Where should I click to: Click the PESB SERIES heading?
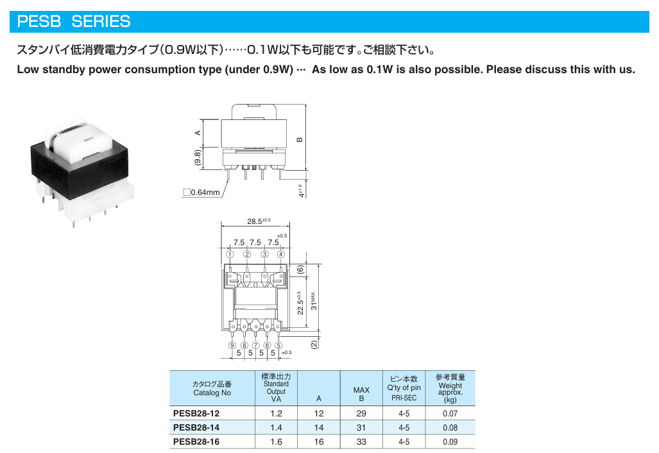click(x=74, y=21)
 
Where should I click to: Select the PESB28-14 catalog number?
click(x=196, y=427)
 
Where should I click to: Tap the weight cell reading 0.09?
click(x=450, y=441)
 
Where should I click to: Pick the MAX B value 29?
click(x=361, y=413)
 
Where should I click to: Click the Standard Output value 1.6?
click(x=276, y=441)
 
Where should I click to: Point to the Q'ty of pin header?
click(x=404, y=388)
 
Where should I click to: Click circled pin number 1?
click(x=230, y=254)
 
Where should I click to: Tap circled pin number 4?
click(x=281, y=254)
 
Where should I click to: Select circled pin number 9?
click(x=232, y=345)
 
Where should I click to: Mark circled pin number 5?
click(x=278, y=345)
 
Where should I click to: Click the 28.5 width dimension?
click(x=259, y=221)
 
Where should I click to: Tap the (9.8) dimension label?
click(x=198, y=158)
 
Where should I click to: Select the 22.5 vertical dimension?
click(x=300, y=303)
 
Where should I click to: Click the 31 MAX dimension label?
click(x=314, y=302)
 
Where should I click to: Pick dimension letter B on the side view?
click(x=300, y=140)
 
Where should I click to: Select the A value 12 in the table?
click(x=318, y=413)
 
